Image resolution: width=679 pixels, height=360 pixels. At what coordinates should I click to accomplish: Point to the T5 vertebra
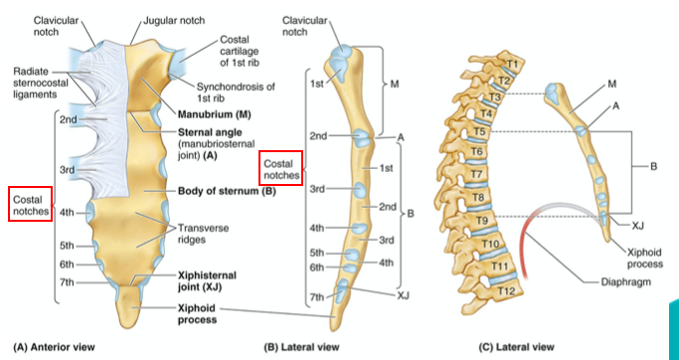point(478,131)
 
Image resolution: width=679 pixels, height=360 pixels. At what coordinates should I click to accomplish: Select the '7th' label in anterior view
point(68,283)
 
